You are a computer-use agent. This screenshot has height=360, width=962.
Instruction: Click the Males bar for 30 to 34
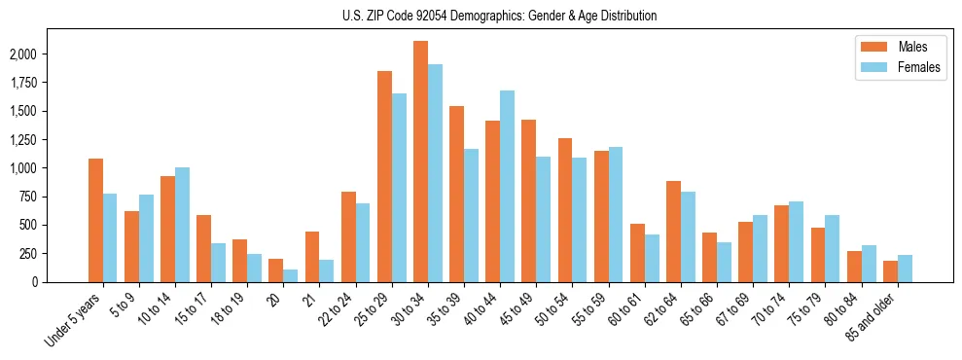coord(420,162)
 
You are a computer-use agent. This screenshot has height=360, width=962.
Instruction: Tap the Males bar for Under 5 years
coord(95,220)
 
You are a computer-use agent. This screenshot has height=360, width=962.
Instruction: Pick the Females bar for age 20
coord(291,275)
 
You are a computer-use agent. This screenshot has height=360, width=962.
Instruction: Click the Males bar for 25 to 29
coord(384,176)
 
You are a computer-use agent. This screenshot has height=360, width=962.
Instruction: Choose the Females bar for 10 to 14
coord(183,225)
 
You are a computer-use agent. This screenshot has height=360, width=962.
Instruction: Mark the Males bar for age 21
coord(312,257)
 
